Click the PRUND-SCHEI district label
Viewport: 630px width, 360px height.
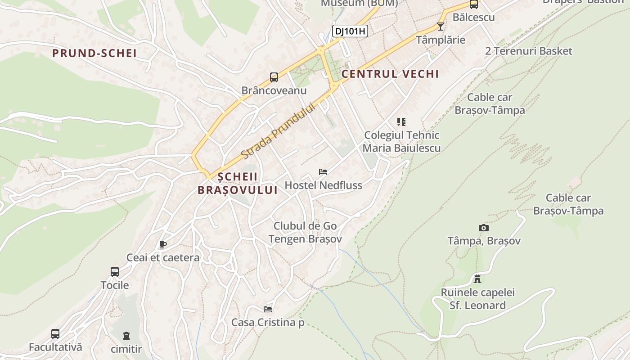94,53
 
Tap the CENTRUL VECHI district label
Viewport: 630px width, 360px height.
390,74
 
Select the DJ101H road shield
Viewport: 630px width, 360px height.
350,31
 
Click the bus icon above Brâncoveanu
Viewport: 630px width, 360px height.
274,77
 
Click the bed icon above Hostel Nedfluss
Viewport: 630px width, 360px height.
323,171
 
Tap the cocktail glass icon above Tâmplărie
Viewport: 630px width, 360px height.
440,27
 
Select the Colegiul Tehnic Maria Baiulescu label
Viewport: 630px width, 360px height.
401,141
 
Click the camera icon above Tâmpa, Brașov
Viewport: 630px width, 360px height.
484,228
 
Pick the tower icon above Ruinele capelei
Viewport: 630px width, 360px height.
477,279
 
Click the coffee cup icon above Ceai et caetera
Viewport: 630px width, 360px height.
163,244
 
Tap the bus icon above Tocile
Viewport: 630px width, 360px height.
115,272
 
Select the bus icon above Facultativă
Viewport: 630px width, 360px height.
55,334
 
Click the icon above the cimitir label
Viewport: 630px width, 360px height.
126,335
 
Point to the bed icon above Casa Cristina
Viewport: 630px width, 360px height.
268,309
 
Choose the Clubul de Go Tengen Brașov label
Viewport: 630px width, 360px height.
305,232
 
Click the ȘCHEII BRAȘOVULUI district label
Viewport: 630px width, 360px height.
237,183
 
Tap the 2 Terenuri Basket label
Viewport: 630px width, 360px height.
528,51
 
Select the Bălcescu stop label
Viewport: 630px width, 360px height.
473,18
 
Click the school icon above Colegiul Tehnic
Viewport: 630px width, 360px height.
401,121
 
